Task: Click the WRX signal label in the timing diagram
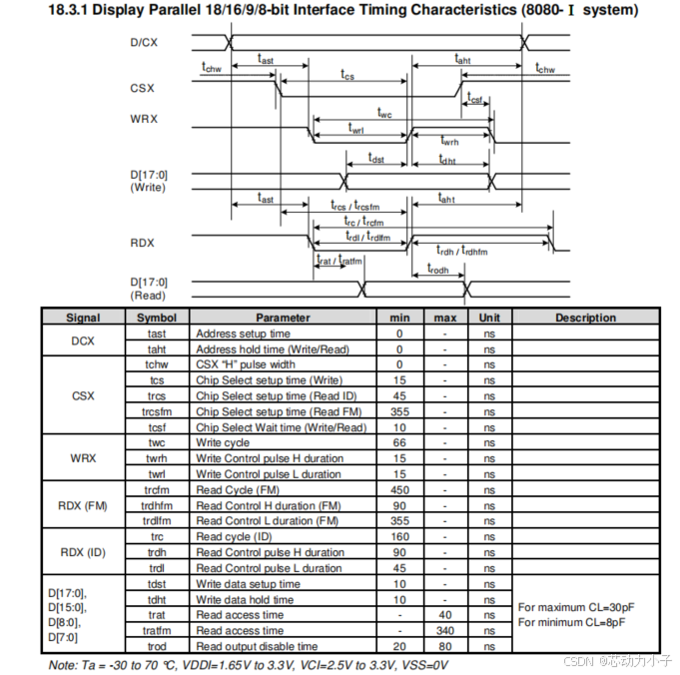click(x=144, y=121)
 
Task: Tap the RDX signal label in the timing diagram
click(x=142, y=244)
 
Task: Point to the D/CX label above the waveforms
click(x=144, y=43)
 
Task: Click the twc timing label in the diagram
click(x=384, y=113)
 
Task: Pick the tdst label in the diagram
click(x=375, y=158)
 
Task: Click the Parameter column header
click(x=283, y=318)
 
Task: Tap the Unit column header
click(x=489, y=318)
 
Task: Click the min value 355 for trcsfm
click(x=399, y=411)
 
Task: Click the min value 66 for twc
click(x=399, y=442)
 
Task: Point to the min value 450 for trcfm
click(x=399, y=489)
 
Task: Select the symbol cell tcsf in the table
click(x=157, y=427)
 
